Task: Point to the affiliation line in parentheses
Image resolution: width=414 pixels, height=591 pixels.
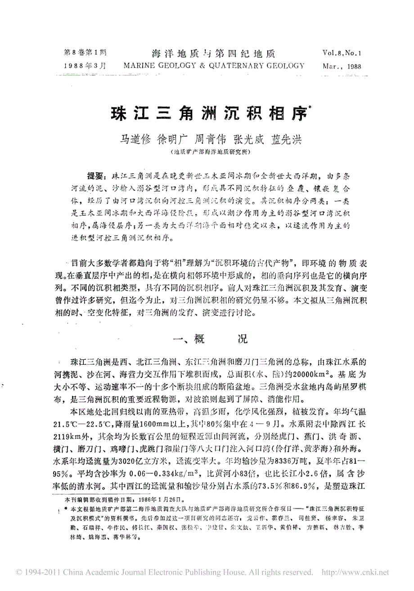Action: [x=208, y=152]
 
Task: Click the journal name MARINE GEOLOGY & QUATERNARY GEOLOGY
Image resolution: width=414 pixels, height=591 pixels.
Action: [x=213, y=66]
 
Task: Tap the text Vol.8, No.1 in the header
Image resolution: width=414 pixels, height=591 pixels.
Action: [x=342, y=53]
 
